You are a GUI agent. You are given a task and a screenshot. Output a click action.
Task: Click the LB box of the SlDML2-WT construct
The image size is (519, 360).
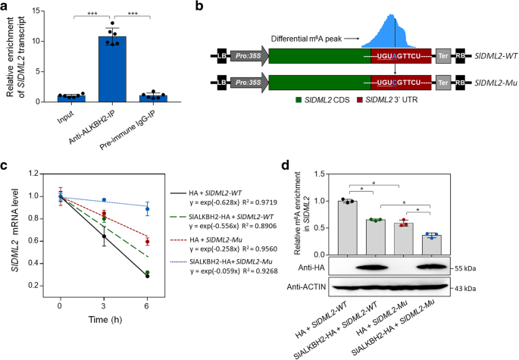223,57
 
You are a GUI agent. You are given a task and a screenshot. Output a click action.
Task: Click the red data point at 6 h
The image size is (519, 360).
147,242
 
